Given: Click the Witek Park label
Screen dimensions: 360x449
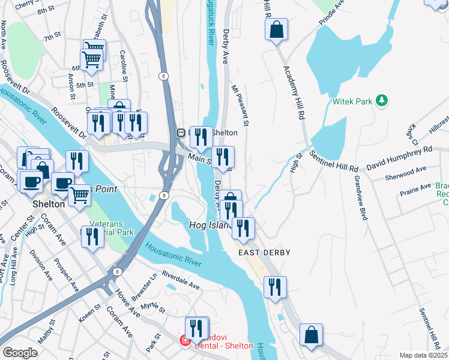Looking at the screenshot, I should tap(352, 101).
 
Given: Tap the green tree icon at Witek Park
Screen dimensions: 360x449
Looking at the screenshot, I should tap(381, 100).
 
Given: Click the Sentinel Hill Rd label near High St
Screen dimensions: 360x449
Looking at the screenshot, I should tap(334, 160).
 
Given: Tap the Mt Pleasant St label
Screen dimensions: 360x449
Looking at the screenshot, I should tap(241, 104).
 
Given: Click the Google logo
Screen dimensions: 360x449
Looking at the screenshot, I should tap(20, 353).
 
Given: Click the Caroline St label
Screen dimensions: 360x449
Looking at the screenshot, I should tap(124, 65).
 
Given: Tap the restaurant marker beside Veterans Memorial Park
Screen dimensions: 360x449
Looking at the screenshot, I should tap(92, 236).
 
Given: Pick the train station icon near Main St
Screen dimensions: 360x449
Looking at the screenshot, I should tap(179, 133).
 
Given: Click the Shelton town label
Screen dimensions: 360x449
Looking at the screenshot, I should tap(49, 204).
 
